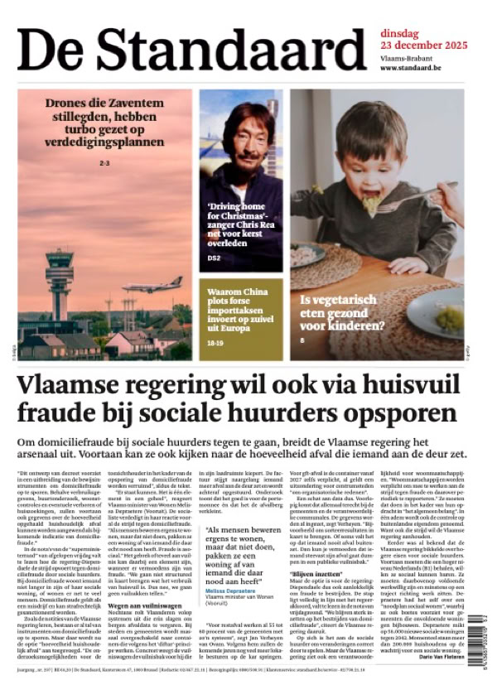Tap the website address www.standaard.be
tap(410, 67)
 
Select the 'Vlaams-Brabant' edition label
tap(405, 58)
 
